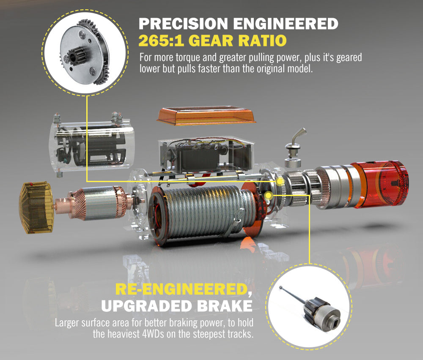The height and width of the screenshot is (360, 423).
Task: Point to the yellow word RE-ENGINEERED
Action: pyautogui.click(x=180, y=289)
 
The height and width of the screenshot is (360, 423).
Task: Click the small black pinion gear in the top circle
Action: pyautogui.click(x=77, y=55)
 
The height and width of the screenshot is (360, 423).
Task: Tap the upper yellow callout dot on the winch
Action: pyautogui.click(x=280, y=182)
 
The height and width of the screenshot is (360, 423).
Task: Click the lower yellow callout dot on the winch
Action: pyautogui.click(x=269, y=195)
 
